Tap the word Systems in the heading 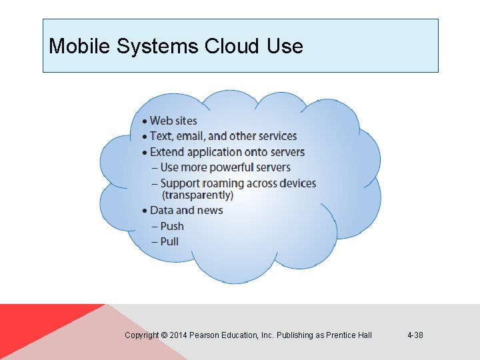point(153,47)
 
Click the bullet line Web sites point(173,121)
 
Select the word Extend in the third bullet point(167,152)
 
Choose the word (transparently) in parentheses point(197,195)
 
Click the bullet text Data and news point(186,211)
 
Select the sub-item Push point(171,226)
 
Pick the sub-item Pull point(169,241)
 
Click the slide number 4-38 point(415,335)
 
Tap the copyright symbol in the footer point(164,335)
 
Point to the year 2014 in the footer point(179,335)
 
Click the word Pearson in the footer point(205,335)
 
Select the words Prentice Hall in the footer point(349,335)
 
